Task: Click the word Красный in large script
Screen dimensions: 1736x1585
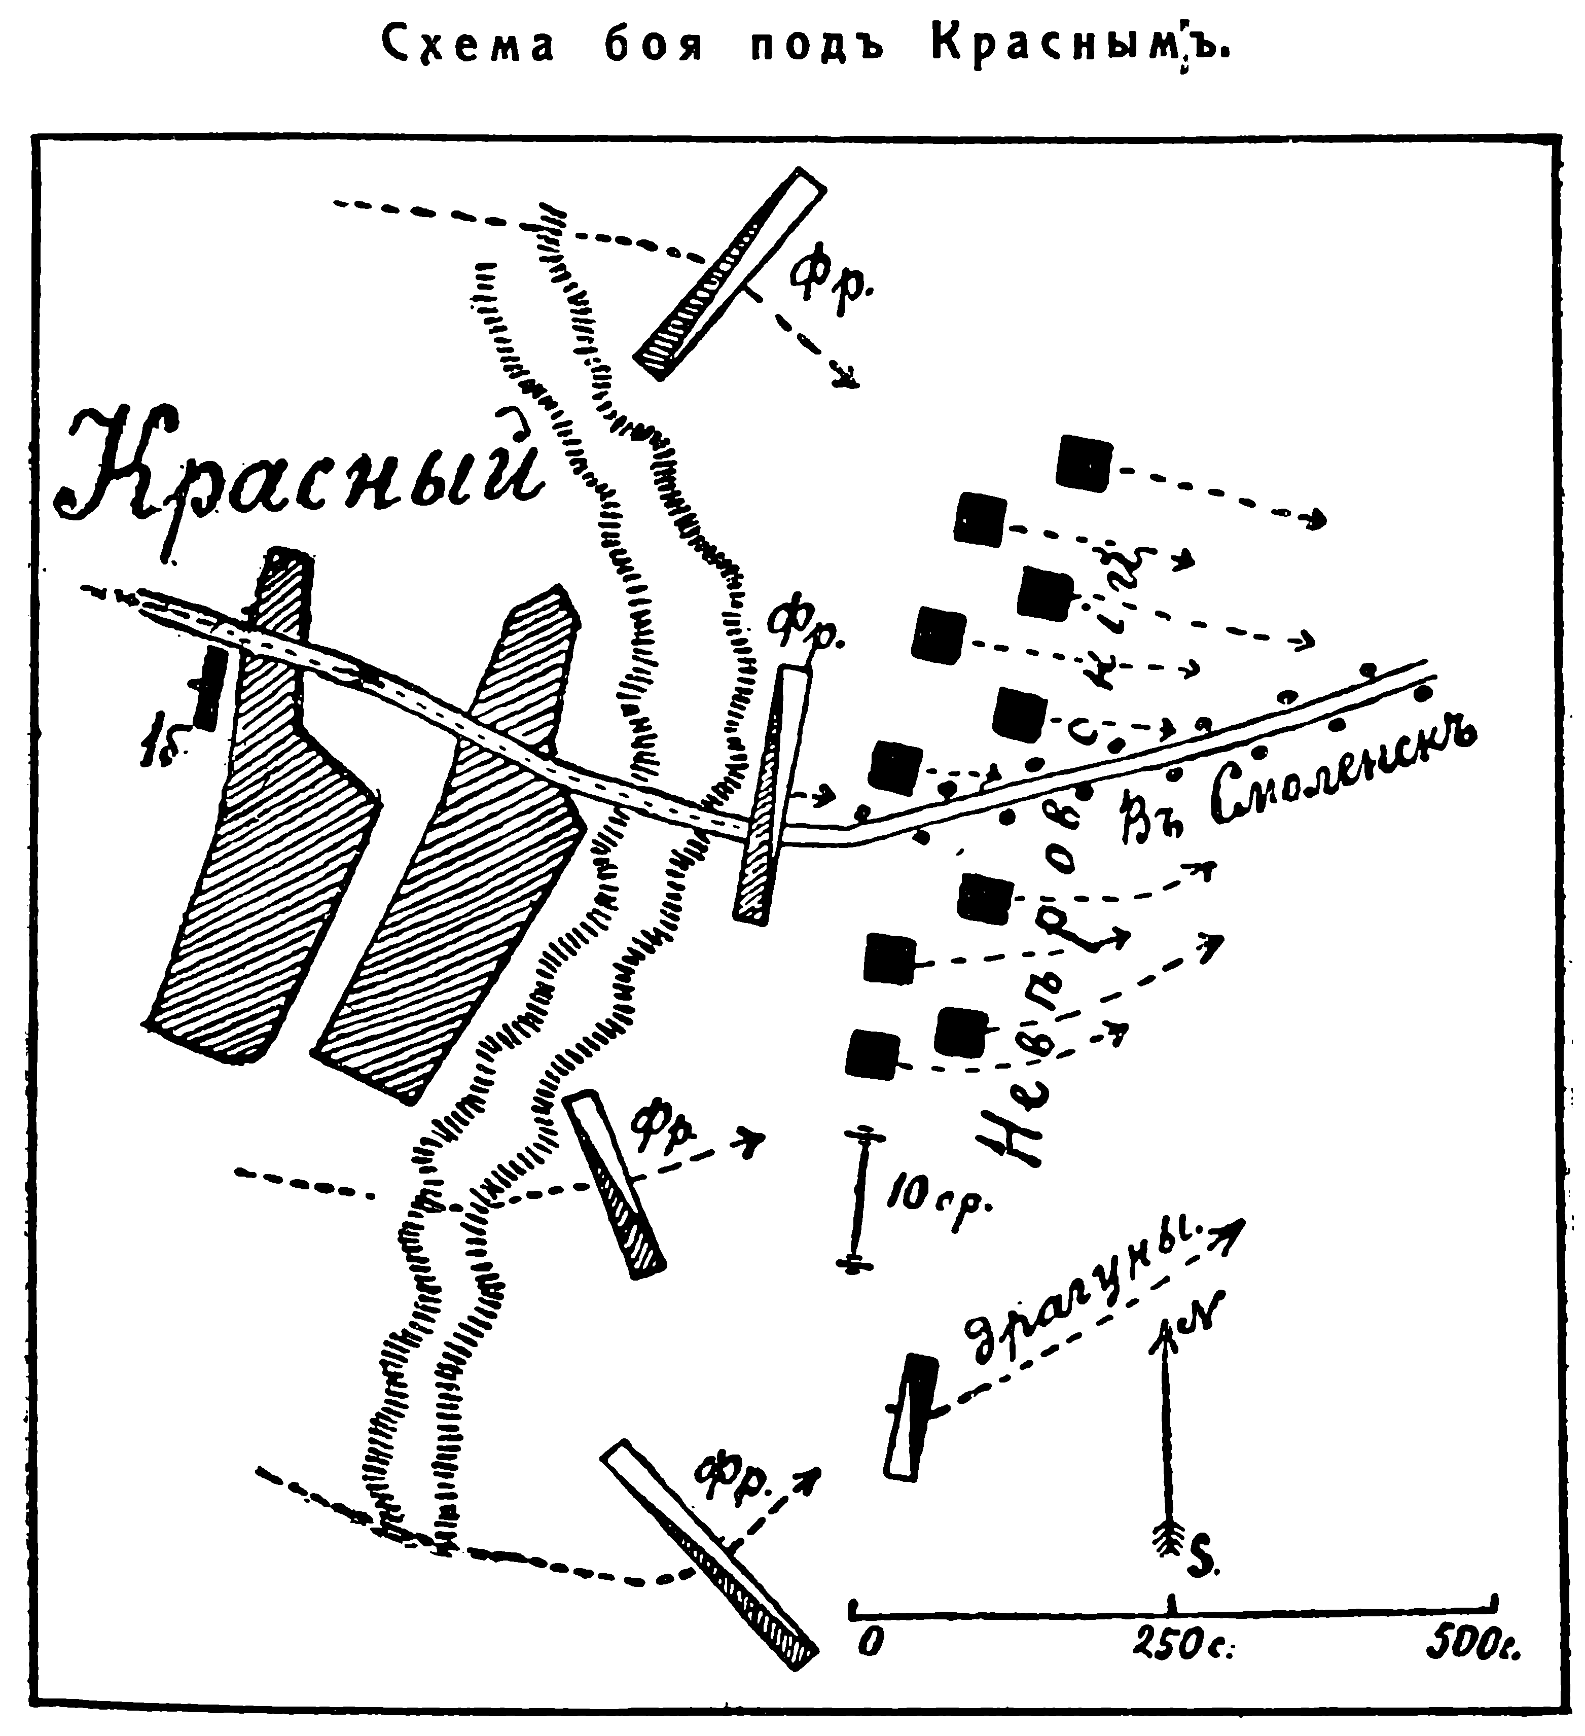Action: [301, 478]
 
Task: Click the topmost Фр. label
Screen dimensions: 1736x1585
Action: [831, 284]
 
